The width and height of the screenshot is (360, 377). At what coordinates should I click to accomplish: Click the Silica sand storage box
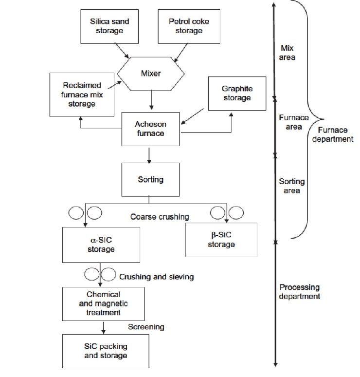[109, 26]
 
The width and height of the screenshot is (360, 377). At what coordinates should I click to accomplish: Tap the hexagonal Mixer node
[151, 74]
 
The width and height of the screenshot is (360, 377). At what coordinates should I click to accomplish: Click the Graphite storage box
[237, 94]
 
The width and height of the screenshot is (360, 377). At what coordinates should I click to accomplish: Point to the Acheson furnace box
[150, 128]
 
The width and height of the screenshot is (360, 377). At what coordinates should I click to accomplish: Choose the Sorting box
[150, 179]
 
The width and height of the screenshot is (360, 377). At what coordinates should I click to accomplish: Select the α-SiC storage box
[101, 245]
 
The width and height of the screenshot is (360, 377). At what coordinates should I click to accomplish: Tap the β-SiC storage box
[221, 240]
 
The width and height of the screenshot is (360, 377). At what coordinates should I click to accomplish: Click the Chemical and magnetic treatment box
[103, 303]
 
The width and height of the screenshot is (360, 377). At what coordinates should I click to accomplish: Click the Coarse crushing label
[160, 217]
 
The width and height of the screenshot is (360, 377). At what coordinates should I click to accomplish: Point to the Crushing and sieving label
[156, 277]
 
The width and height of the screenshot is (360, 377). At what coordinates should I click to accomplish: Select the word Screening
[146, 327]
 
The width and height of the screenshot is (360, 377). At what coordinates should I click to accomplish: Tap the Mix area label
[288, 53]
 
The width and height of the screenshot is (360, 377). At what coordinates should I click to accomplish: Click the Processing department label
[299, 291]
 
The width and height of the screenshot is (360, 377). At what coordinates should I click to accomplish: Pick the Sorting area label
[292, 186]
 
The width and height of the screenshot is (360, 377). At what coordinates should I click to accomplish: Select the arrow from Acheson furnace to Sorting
[149, 154]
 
